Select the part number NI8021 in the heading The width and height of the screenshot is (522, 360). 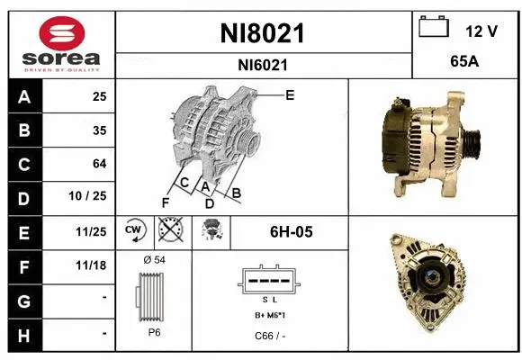pyautogui.click(x=262, y=33)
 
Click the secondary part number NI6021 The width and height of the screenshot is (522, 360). pyautogui.click(x=262, y=65)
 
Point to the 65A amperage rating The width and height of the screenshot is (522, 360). pyautogui.click(x=464, y=64)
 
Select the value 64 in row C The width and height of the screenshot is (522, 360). pyautogui.click(x=99, y=164)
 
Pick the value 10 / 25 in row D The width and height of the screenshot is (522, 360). pyautogui.click(x=93, y=196)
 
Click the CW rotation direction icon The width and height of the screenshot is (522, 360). pyautogui.click(x=135, y=231)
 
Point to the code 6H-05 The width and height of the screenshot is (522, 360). pyautogui.click(x=291, y=232)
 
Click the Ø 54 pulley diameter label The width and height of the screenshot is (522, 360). pyautogui.click(x=155, y=260)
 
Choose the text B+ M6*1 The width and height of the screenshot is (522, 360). pyautogui.click(x=269, y=316)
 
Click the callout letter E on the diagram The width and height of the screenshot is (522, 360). pyautogui.click(x=290, y=94)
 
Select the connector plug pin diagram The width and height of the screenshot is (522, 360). pyautogui.click(x=269, y=280)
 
